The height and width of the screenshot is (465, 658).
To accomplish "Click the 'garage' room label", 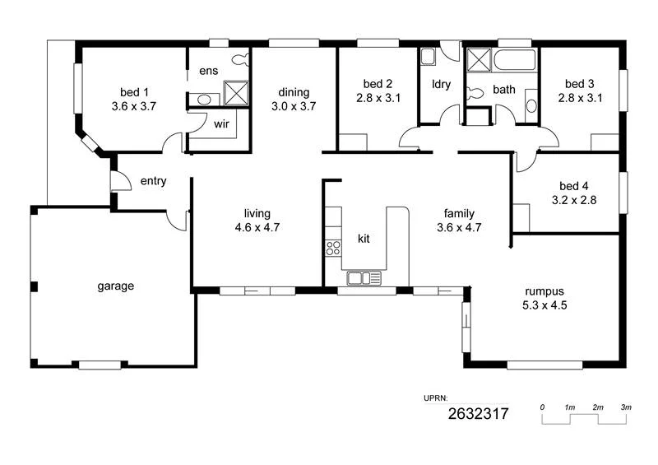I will pyautogui.click(x=115, y=286).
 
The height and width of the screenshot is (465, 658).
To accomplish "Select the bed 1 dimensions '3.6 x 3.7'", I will pyautogui.click(x=133, y=106).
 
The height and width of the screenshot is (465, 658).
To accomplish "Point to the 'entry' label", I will pyautogui.click(x=154, y=181).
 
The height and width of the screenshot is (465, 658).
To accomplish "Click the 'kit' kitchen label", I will pyautogui.click(x=364, y=239).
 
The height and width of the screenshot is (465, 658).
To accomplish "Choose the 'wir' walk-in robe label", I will pyautogui.click(x=221, y=124).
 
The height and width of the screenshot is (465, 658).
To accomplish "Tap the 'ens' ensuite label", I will pyautogui.click(x=209, y=71).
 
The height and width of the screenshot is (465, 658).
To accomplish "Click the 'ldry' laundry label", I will pyautogui.click(x=442, y=84).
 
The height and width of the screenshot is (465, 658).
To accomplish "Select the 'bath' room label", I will pyautogui.click(x=504, y=90).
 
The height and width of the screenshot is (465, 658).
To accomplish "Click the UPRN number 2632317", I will pyautogui.click(x=478, y=414).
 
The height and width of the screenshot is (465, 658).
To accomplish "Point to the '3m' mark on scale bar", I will pyautogui.click(x=626, y=407).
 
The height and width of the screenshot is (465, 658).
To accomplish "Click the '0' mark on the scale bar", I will pyautogui.click(x=543, y=407).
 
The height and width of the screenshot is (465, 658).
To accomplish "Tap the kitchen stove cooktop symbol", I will pyautogui.click(x=334, y=247).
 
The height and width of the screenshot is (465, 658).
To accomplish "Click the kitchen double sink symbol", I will pyautogui.click(x=364, y=278).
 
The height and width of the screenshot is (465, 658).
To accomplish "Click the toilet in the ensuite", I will pyautogui.click(x=241, y=59).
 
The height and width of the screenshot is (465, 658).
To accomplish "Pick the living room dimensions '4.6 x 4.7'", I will pyautogui.click(x=257, y=228).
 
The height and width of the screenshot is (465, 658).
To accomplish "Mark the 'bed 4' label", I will pyautogui.click(x=568, y=186).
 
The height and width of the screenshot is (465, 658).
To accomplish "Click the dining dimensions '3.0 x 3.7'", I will pyautogui.click(x=294, y=106).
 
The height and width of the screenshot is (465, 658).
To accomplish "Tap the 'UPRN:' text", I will pyautogui.click(x=436, y=398).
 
